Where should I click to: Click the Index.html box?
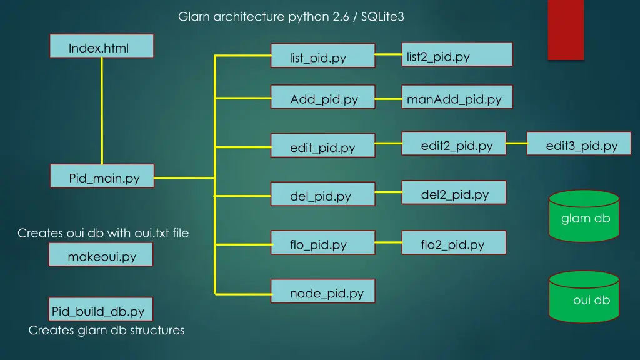(101, 46)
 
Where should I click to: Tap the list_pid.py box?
(322, 56)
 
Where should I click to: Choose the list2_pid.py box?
(456, 54)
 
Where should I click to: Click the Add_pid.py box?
(322, 97)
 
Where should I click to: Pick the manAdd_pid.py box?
(456, 97)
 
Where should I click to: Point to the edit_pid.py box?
(322, 146)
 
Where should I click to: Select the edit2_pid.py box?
(454, 143)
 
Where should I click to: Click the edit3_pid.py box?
(579, 143)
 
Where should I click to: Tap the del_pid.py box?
(322, 194)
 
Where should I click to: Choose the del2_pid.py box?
(454, 192)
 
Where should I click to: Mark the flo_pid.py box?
(322, 242)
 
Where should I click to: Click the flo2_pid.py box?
(454, 242)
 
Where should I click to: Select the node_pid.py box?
(322, 291)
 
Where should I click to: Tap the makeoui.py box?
(101, 255)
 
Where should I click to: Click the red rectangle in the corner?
(566, 29)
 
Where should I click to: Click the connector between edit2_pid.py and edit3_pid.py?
(516, 143)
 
